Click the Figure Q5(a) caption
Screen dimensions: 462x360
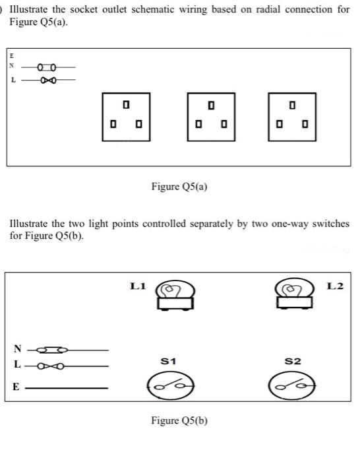[179, 187]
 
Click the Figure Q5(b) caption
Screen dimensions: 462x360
[179, 420]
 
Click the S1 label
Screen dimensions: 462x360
[168, 361]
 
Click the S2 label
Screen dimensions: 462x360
[293, 361]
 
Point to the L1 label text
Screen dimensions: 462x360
[138, 286]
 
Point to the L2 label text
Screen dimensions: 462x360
[335, 286]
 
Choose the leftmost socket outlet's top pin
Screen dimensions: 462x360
[126, 104]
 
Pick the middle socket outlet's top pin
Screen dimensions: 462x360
[211, 104]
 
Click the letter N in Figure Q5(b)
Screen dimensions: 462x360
[18, 349]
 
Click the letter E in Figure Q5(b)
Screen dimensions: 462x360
[16, 388]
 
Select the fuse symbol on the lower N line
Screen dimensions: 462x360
[51, 349]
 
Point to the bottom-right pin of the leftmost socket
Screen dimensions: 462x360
[138, 123]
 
